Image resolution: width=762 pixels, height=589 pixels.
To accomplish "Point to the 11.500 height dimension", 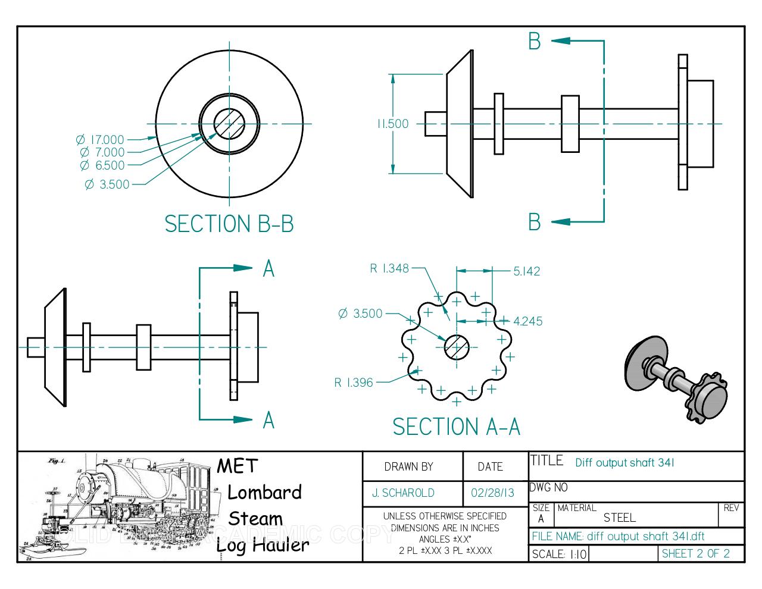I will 392,124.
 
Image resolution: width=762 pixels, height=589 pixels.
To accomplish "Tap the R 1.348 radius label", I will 389,268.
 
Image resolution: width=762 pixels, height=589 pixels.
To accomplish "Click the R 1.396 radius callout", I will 354,383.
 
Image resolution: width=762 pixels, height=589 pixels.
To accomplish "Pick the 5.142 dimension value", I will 526,271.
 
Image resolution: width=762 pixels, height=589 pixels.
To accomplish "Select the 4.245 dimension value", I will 527,321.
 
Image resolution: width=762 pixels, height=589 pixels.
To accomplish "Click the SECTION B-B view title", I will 229,224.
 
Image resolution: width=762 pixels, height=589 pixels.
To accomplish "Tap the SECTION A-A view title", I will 456,427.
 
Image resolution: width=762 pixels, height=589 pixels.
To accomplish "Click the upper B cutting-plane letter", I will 534,41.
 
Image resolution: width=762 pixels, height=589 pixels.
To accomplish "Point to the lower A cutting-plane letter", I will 268,420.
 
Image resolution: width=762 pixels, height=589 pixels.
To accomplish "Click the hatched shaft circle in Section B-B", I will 229,124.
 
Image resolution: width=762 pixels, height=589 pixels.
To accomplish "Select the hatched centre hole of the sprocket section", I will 457,347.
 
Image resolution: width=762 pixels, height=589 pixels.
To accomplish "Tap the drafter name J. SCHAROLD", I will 403,493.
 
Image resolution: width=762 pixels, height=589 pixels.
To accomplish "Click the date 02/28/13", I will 492,493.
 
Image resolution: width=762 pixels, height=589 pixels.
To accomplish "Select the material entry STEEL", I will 619,518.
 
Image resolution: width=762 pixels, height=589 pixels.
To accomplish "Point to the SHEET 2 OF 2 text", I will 695,553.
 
